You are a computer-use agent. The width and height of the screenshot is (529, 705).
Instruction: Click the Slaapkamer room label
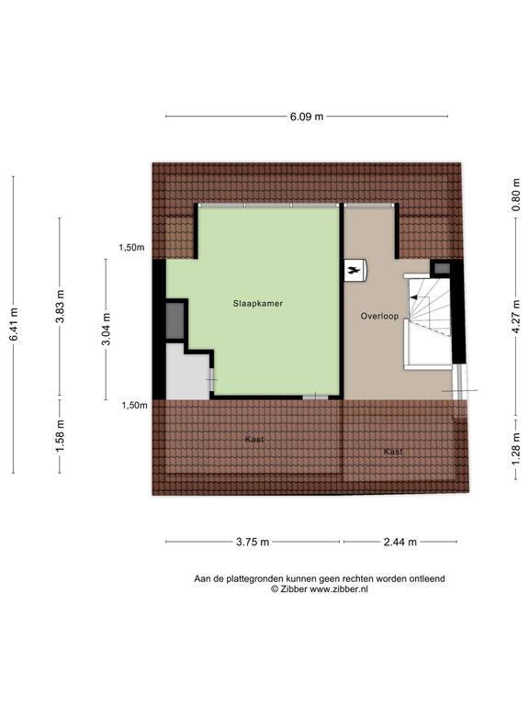click(x=258, y=304)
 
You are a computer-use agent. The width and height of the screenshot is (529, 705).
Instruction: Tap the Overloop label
click(x=379, y=316)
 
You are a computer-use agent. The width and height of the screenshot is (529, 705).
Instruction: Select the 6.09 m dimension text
click(x=307, y=117)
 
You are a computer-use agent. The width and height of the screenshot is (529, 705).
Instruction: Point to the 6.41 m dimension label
click(x=14, y=324)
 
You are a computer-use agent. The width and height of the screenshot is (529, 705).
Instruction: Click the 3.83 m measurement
click(x=60, y=306)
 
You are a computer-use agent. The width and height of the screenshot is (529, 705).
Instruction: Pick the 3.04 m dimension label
click(x=107, y=330)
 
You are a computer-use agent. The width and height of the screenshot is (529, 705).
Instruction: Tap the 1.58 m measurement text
click(x=60, y=435)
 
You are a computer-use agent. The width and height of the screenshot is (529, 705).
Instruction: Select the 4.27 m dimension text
click(x=515, y=317)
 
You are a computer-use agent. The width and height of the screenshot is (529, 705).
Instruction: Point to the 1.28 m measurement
click(x=515, y=450)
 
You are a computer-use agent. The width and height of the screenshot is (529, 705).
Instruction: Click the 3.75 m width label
click(x=253, y=542)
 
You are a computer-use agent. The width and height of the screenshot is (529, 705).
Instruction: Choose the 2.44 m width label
click(x=400, y=542)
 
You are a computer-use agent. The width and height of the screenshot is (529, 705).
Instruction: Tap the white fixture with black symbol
click(x=355, y=271)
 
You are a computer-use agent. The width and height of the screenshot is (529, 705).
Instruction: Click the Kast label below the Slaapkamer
click(x=254, y=440)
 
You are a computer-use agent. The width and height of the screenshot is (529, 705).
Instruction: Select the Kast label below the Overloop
click(x=393, y=452)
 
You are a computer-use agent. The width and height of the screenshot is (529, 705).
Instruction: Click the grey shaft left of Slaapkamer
click(x=175, y=321)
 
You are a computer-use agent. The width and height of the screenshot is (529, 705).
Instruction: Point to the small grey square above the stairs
click(x=442, y=268)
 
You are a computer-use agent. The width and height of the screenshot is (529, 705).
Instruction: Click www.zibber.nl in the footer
click(x=339, y=589)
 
